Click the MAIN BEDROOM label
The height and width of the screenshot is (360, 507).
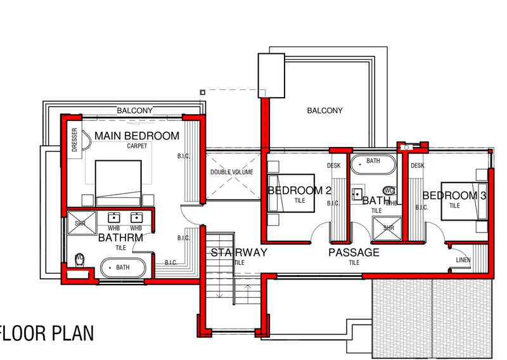[137, 136]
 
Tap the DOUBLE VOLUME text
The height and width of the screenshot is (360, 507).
[231, 172]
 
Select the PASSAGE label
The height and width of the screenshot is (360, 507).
[354, 252]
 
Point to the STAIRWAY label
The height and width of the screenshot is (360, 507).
[239, 252]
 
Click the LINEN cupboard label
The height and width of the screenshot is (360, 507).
[463, 260]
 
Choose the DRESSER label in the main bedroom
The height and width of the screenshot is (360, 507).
[75, 139]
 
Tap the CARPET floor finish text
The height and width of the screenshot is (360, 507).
[137, 146]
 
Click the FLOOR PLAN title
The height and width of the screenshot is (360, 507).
[47, 333]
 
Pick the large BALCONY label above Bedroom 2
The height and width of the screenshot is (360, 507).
[324, 111]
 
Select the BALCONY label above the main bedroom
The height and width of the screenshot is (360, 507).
[134, 111]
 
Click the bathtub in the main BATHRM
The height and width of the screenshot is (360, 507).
[123, 268]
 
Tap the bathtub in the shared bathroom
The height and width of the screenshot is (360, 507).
[373, 165]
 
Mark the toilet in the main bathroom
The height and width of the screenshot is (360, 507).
[80, 260]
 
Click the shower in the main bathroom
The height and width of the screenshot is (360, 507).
[82, 223]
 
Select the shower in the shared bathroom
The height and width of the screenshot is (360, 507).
[387, 229]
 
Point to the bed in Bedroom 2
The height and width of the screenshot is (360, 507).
[291, 193]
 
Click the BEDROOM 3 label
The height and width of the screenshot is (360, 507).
[454, 195]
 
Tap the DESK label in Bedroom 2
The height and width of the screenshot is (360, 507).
[334, 165]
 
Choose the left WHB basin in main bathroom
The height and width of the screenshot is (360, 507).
[113, 217]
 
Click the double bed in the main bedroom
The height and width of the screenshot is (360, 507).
[119, 183]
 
